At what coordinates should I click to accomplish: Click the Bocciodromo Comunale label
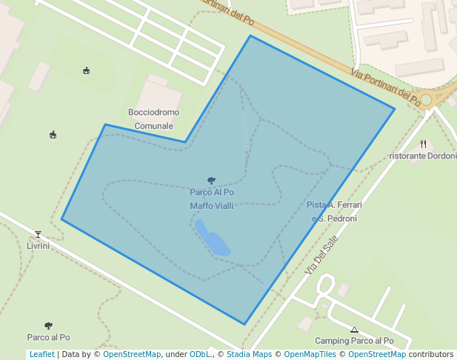point(153,119)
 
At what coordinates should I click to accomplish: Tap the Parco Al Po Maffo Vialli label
point(212,199)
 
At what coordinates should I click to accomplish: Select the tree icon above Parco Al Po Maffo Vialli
point(212,180)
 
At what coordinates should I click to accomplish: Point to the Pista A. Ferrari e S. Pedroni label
point(334,211)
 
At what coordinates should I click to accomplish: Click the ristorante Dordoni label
point(423,156)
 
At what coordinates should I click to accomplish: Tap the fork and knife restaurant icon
point(424,144)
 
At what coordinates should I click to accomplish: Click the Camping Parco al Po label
point(354,341)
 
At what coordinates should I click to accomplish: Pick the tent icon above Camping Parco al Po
point(354,330)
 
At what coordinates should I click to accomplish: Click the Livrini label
point(38,246)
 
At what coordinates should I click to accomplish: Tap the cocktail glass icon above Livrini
point(38,235)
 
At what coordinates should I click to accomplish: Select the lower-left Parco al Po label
point(49,337)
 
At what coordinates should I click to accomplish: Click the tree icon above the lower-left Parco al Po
point(49,325)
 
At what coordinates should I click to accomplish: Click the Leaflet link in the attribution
point(41,354)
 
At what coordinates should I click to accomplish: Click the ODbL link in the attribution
point(201,354)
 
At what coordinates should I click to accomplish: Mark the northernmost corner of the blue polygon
point(250,36)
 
